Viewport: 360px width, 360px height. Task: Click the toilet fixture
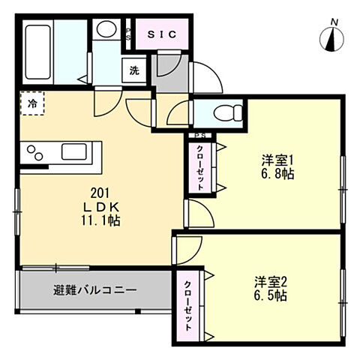point(224,113)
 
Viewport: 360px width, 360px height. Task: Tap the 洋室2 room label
point(271,282)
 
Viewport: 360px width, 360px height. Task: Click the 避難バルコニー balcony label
point(94,290)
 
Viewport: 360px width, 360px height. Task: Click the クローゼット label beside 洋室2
point(188,307)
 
